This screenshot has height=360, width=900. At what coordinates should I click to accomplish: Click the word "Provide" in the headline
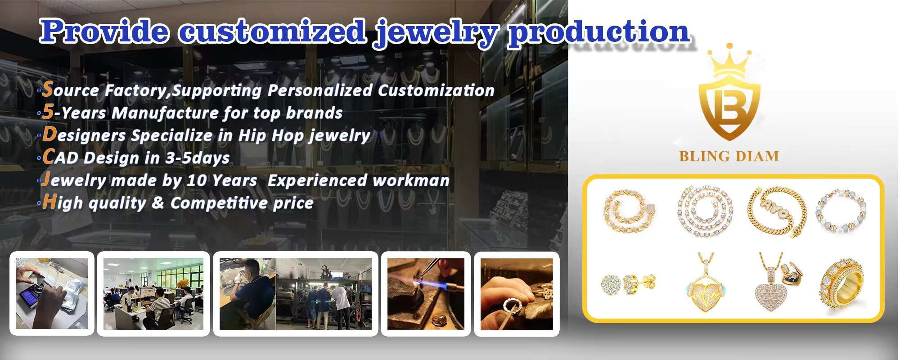click(x=104, y=31)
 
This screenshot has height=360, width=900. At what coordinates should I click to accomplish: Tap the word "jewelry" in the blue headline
click(x=436, y=32)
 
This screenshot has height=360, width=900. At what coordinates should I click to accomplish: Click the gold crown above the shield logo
click(x=729, y=63)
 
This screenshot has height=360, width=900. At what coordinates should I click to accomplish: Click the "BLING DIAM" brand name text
click(x=729, y=156)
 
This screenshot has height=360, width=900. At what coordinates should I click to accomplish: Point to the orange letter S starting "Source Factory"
click(x=47, y=89)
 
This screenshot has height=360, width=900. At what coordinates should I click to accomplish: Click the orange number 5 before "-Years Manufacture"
click(x=48, y=112)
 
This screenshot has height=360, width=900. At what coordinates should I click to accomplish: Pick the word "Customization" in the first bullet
click(x=436, y=90)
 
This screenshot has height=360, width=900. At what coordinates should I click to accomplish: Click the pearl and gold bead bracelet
click(x=841, y=210)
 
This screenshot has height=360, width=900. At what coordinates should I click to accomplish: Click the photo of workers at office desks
click(x=153, y=294)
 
